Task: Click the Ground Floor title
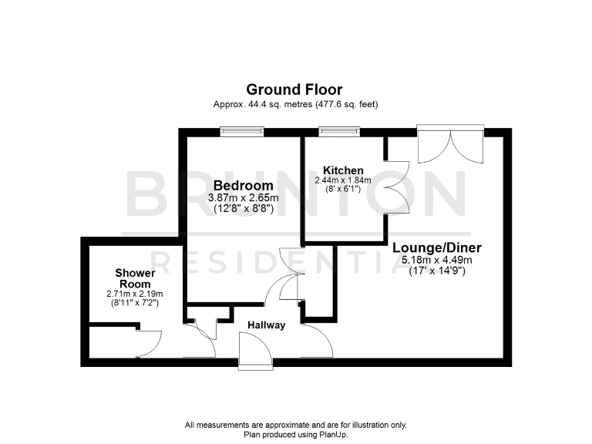(x=294, y=90)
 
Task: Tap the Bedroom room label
(x=243, y=186)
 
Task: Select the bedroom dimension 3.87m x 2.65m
(x=243, y=198)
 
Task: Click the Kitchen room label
(x=343, y=170)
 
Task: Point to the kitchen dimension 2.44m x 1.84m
(x=343, y=180)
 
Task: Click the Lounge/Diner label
(x=437, y=247)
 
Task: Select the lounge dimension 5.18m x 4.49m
(x=437, y=260)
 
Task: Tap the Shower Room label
(x=135, y=278)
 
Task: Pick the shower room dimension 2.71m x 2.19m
(x=135, y=294)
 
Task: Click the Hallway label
(x=266, y=325)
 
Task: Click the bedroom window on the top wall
(x=242, y=131)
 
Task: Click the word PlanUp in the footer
(x=335, y=434)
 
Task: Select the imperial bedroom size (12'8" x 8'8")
(x=243, y=210)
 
